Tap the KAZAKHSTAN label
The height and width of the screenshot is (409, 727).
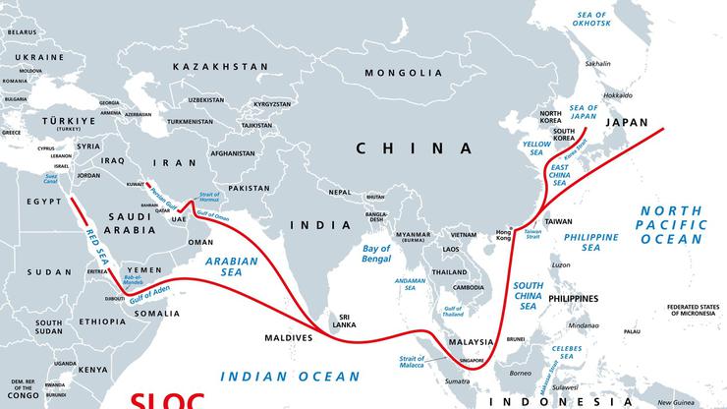(220, 66)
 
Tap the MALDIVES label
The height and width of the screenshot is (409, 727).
(288, 338)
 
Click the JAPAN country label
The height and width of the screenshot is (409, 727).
(627, 123)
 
